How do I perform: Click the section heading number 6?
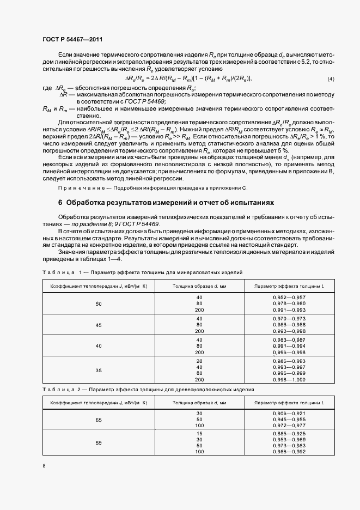[x=60, y=203]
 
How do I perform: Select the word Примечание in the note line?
[x=78, y=187]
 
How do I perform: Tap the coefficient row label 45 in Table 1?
[x=99, y=325]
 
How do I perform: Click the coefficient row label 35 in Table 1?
[x=99, y=370]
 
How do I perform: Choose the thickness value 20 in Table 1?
[x=199, y=361]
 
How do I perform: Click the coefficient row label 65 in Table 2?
[x=99, y=420]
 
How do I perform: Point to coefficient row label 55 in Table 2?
[x=99, y=443]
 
